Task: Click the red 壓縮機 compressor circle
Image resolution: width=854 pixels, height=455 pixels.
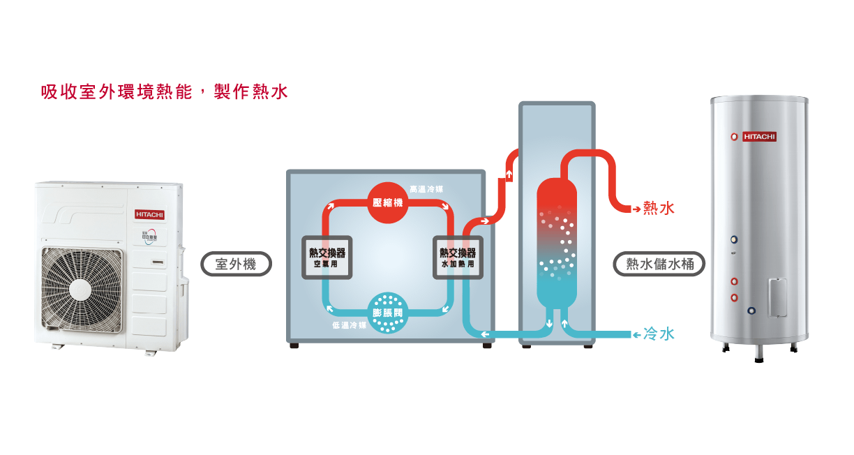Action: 389,202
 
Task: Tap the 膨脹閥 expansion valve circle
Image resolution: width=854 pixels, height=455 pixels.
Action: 388,313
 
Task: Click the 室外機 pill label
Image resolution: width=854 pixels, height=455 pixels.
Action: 236,264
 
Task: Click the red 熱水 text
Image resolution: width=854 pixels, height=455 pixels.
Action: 659,208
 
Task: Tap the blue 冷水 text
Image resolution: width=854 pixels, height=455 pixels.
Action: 659,334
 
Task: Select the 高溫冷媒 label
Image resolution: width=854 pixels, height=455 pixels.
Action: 426,189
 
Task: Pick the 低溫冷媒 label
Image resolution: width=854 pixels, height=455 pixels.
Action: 349,326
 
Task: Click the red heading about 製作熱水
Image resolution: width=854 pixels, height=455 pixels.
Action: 165,91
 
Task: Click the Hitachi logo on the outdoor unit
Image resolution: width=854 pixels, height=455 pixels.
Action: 149,214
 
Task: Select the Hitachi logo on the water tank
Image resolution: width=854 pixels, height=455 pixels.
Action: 759,137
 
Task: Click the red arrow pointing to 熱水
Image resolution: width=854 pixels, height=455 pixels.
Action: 636,209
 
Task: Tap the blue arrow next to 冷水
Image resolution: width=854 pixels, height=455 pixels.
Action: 636,335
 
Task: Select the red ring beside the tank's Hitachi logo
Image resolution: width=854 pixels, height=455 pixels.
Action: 734,137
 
